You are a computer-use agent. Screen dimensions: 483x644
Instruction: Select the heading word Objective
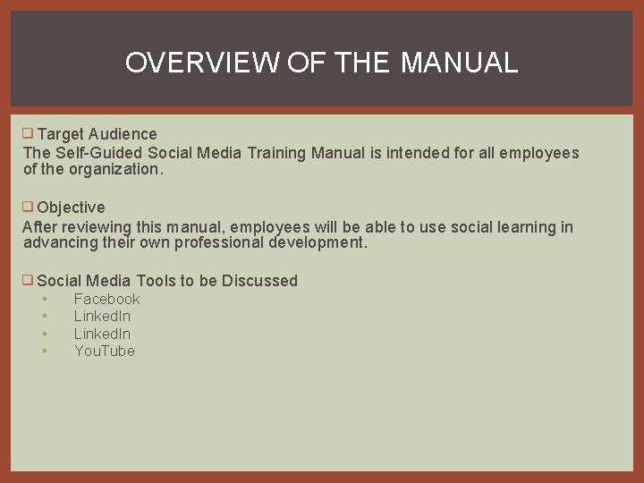tap(72, 208)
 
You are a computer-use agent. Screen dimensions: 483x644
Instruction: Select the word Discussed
tap(259, 281)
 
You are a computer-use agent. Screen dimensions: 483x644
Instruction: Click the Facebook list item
tap(106, 299)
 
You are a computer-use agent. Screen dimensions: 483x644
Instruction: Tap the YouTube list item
tap(104, 351)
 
